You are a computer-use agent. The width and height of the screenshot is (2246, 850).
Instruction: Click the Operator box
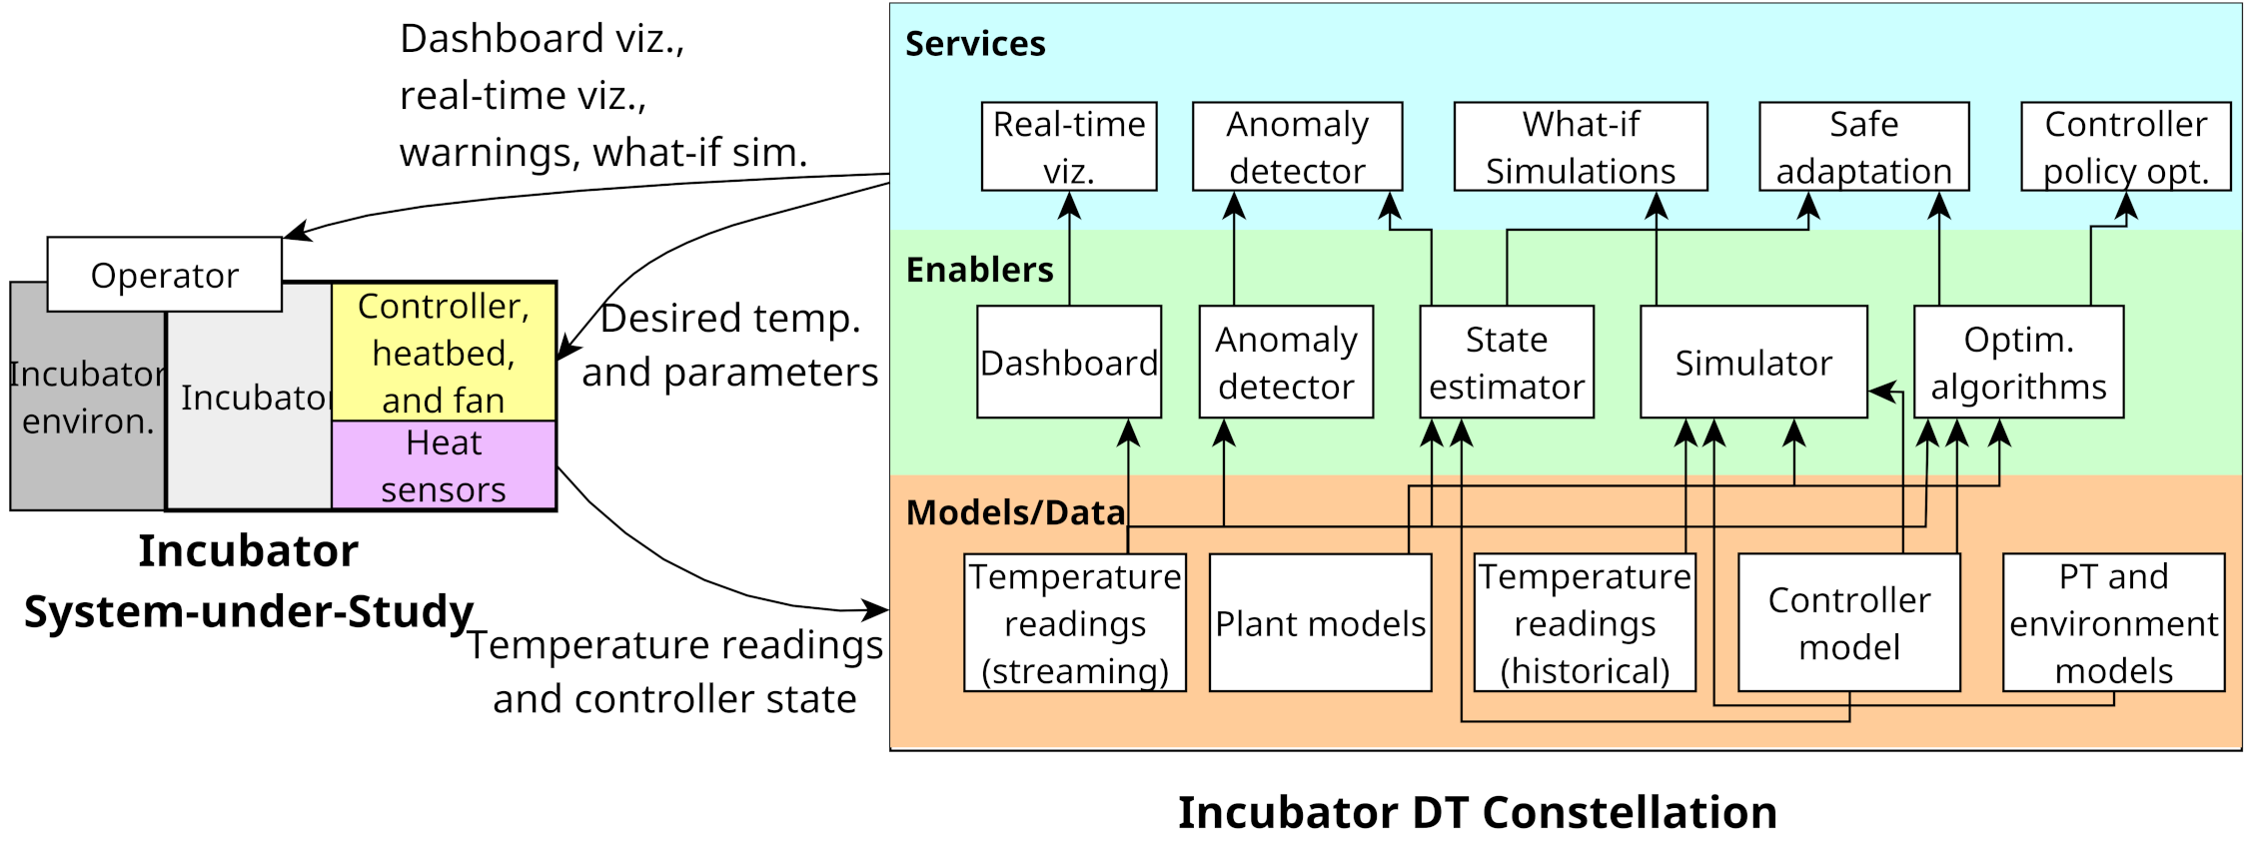[165, 275]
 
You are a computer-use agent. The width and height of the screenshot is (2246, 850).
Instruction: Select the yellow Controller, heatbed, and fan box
[444, 353]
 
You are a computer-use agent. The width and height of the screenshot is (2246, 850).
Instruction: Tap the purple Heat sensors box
[444, 465]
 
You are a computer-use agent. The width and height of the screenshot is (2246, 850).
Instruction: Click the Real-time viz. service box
[1069, 147]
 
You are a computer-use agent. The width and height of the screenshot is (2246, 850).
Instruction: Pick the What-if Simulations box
[1580, 147]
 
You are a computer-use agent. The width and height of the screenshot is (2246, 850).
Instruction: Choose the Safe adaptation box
[1863, 147]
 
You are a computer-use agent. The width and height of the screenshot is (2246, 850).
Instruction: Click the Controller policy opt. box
[2125, 147]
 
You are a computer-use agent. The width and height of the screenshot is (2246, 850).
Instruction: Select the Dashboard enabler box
[1069, 362]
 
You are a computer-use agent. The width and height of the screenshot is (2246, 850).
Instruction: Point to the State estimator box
[1506, 362]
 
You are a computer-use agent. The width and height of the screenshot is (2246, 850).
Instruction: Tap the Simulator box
[1752, 362]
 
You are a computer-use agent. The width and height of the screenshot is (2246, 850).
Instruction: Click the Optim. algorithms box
[2018, 362]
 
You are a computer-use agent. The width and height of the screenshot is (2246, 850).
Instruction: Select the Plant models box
[1320, 623]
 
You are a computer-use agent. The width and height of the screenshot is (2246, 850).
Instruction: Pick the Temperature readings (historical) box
[1585, 623]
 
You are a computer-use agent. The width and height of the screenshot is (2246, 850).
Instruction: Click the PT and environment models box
[2113, 623]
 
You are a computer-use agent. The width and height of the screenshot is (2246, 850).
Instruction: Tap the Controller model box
[1848, 623]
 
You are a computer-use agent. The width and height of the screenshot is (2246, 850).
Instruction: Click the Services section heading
[974, 44]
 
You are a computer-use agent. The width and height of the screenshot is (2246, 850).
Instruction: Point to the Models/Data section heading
[1015, 512]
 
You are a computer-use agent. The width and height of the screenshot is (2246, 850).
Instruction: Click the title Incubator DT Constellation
[1477, 812]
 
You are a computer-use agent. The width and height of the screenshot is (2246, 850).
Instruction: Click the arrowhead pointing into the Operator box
[296, 234]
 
